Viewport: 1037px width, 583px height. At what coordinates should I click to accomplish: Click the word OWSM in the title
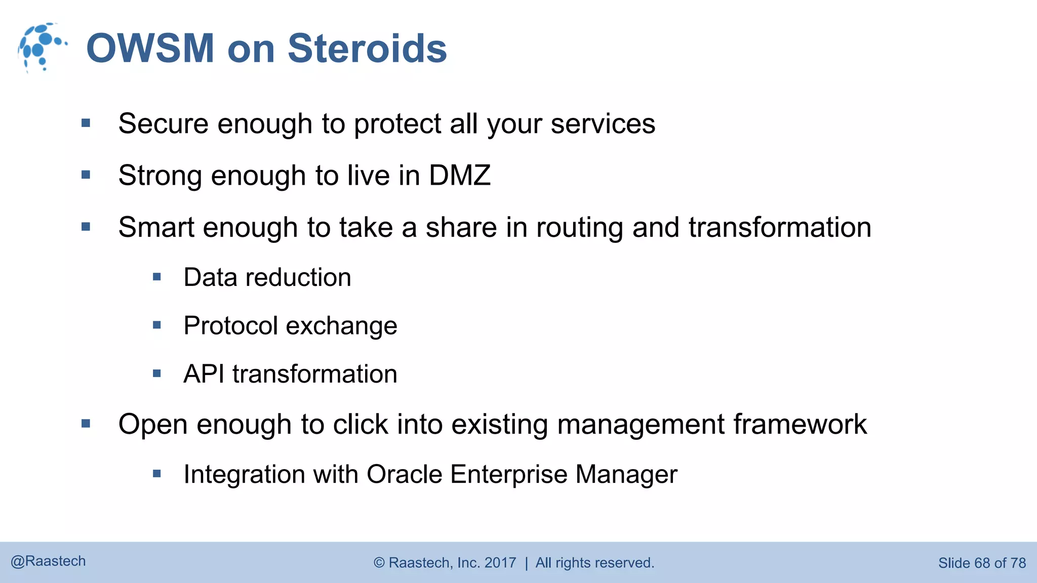[150, 49]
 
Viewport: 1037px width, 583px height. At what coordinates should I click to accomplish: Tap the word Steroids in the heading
[367, 49]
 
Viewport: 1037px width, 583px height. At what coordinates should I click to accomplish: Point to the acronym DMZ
[460, 176]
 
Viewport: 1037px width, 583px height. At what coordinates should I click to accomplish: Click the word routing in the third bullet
[579, 228]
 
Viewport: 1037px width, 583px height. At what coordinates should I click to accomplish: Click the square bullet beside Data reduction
[157, 277]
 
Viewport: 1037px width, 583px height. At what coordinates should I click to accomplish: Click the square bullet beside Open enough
[86, 424]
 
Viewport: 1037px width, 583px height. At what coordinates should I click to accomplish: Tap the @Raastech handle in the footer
[48, 561]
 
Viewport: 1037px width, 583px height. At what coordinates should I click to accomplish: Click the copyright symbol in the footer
[379, 563]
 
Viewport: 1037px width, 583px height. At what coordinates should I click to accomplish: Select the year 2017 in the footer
[500, 563]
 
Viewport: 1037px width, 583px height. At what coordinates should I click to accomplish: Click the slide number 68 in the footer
[981, 563]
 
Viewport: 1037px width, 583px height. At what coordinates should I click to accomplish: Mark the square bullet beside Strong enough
[86, 175]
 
